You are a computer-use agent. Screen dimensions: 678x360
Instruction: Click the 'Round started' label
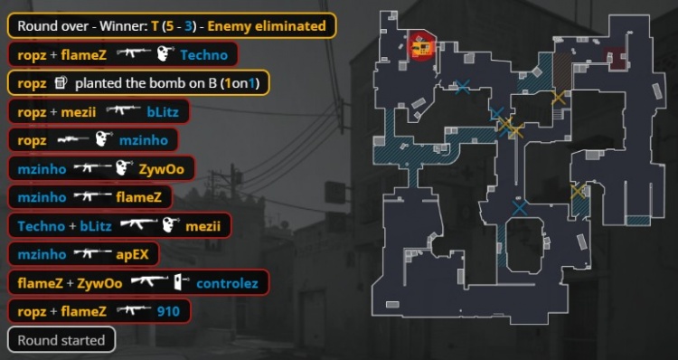tap(61, 341)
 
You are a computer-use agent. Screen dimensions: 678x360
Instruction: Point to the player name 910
tap(167, 312)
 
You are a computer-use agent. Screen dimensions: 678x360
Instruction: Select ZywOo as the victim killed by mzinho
tap(159, 167)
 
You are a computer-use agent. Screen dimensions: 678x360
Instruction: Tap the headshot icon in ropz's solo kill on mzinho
tap(102, 141)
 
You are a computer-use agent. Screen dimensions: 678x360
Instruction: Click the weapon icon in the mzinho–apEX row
tap(85, 254)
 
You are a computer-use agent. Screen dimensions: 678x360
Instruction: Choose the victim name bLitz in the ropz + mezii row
tap(163, 113)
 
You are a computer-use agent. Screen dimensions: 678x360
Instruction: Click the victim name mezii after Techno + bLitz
tap(203, 225)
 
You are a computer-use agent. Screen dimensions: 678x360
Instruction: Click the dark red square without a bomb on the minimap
tap(617, 59)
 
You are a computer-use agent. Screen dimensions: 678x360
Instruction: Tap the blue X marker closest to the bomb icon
tap(463, 87)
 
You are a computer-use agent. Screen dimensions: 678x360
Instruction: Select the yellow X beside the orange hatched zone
tap(559, 97)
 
